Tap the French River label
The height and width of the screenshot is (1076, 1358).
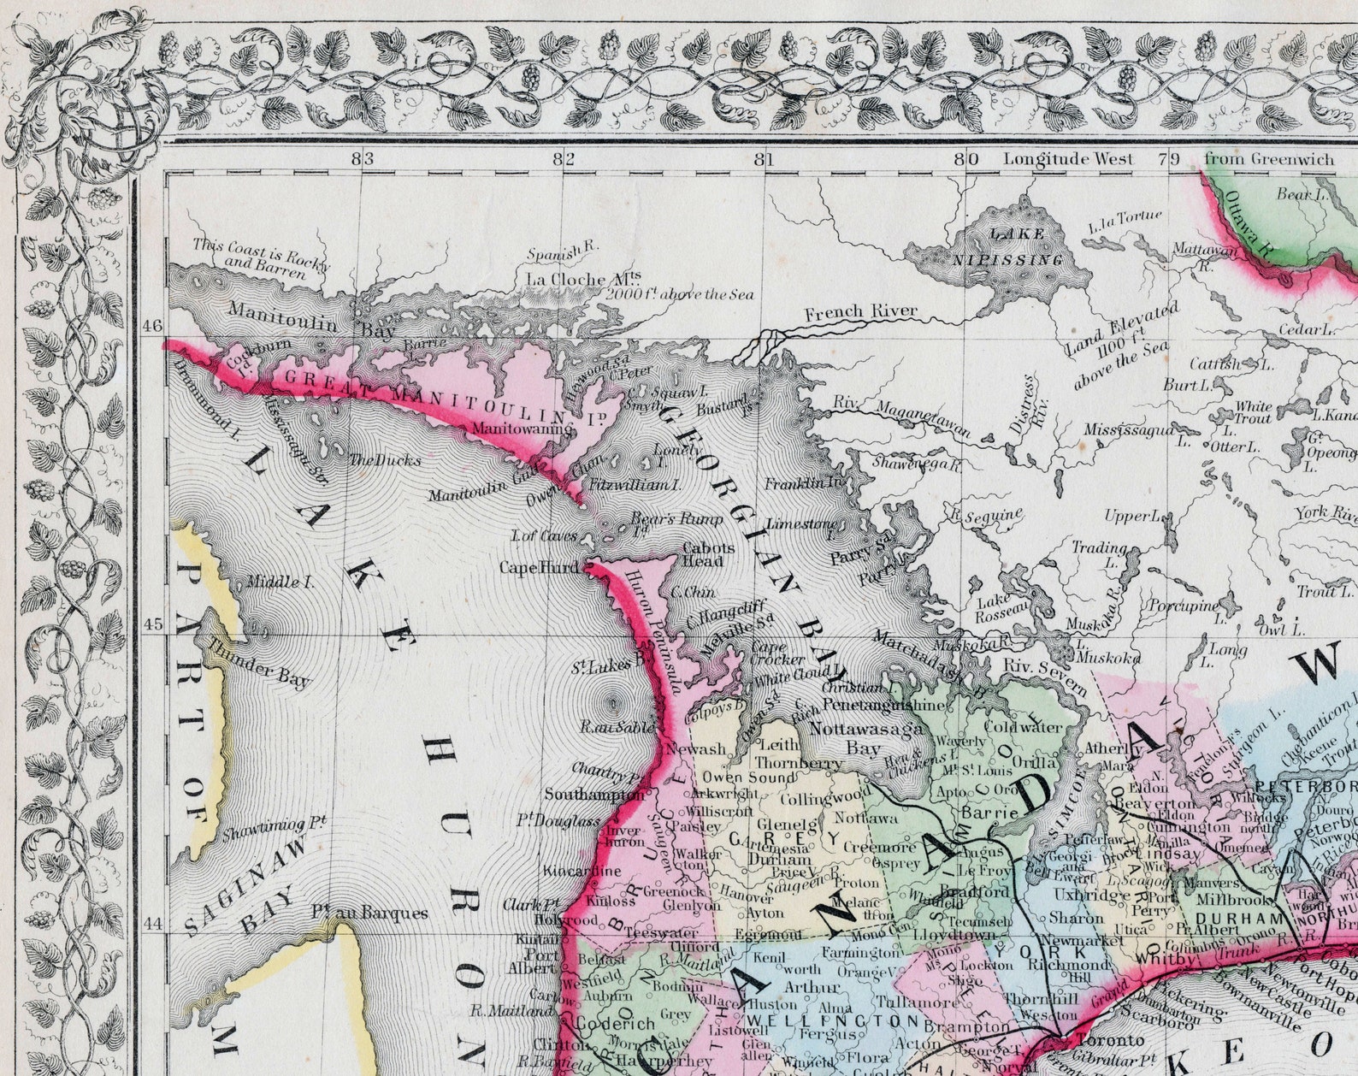(x=860, y=311)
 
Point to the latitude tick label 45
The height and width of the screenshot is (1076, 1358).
(x=152, y=624)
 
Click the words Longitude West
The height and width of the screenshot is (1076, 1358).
(x=1068, y=158)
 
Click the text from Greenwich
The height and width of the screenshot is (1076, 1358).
(x=1268, y=158)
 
